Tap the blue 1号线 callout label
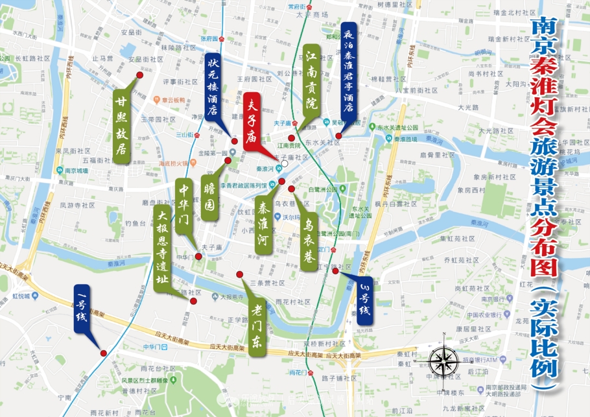[x=82, y=307]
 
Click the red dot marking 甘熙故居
[x=139, y=75]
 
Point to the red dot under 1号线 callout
[x=103, y=353]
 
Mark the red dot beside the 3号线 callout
[x=336, y=271]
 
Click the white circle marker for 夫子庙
[x=285, y=165]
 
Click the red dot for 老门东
[x=239, y=274]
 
